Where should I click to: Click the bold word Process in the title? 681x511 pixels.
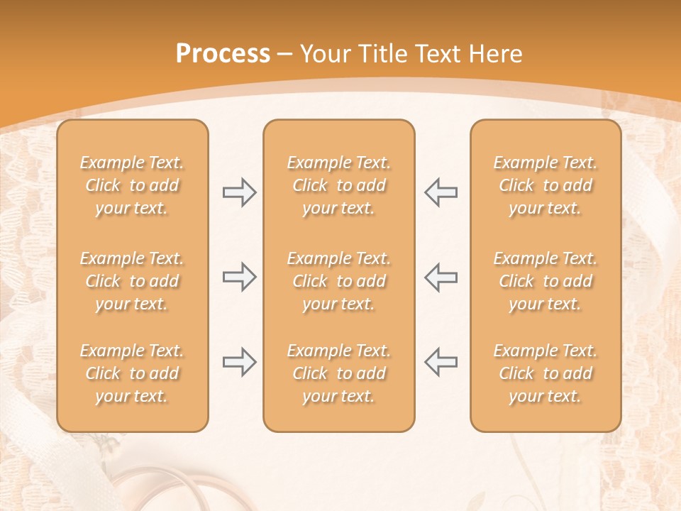pos(223,54)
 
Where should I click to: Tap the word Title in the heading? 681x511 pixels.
pos(384,54)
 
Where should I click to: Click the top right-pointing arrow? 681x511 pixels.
pos(239,192)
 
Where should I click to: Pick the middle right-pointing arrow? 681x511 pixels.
pos(239,277)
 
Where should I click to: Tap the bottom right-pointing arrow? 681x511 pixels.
pos(239,362)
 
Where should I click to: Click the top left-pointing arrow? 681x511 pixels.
pos(441,192)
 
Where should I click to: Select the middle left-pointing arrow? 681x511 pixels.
pos(441,277)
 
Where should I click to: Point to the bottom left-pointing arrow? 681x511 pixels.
pos(441,362)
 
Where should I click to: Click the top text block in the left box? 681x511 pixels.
pos(132,185)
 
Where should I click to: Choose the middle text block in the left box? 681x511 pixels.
pos(132,281)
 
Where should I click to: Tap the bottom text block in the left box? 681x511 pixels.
pos(132,373)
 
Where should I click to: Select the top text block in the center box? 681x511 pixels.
pos(339,185)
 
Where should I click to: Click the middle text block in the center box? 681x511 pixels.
pos(339,281)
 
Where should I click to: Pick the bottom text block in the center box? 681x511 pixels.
pos(339,373)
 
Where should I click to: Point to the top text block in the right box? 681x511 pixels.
pos(546,185)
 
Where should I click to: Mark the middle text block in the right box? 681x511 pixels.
pos(546,281)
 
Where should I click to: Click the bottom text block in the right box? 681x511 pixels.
pos(546,373)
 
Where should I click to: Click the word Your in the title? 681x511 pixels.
pos(324,54)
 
